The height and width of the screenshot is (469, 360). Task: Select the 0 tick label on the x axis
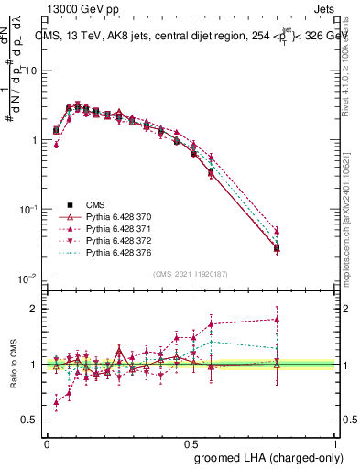click(x=47, y=443)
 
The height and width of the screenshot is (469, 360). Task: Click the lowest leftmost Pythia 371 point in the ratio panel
click(x=57, y=401)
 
